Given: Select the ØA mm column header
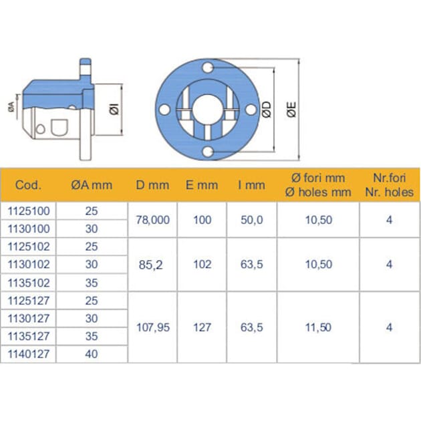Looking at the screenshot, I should (x=92, y=185).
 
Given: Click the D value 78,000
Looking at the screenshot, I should (x=152, y=219).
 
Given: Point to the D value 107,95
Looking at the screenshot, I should (x=152, y=327).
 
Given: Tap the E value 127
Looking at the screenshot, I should (x=202, y=327).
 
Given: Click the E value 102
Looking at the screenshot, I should (x=202, y=264).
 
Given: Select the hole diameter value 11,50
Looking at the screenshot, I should (x=318, y=327).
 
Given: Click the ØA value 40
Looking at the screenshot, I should (x=92, y=355).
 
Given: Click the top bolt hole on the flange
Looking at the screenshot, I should (x=208, y=68).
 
